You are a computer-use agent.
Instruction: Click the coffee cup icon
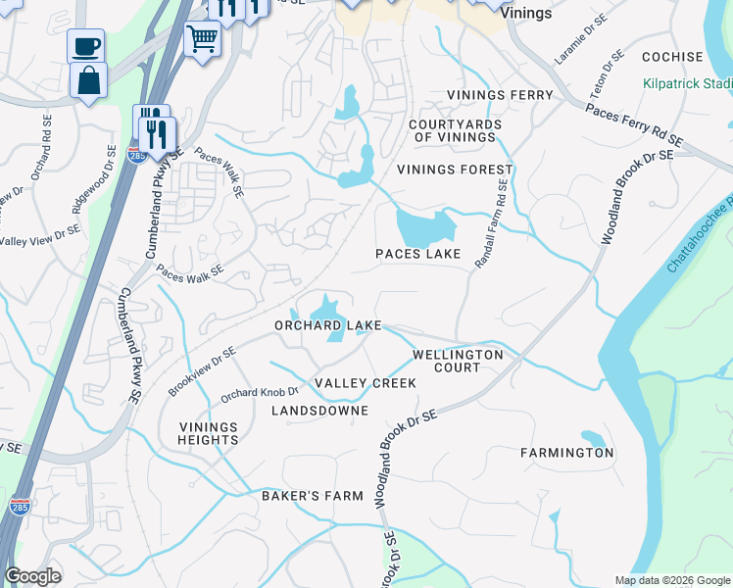pos(86,46)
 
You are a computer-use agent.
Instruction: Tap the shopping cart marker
pos(202,39)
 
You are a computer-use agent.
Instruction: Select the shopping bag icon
pos(89,81)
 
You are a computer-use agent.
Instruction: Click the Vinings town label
pos(525,14)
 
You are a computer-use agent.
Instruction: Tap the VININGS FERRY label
pos(500,95)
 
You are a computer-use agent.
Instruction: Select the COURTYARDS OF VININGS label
pos(455,131)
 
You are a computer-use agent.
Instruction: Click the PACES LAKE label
pos(417,255)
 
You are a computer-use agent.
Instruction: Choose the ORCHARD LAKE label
pos(327,325)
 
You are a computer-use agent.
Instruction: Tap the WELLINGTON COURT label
pos(458,361)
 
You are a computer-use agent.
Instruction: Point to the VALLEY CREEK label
pos(366,382)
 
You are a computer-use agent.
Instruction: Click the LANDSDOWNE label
pos(319,411)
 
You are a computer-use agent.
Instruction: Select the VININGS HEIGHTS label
pos(209,433)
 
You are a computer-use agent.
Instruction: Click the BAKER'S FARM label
pos(312,496)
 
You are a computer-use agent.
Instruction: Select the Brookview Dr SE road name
pos(202,371)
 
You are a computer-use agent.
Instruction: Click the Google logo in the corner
pos(32,576)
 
